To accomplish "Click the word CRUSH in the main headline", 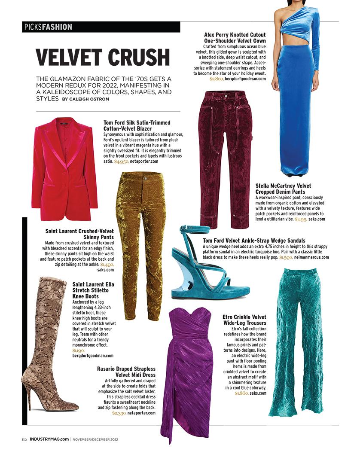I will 139,58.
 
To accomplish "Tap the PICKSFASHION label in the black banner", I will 47,27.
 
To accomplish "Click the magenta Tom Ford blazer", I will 64,168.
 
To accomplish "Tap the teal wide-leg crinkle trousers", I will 296,339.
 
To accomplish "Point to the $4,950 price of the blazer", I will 121,162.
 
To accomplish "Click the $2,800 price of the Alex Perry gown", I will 216,79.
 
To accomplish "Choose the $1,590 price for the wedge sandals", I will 286,257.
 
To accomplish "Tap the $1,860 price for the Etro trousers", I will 241,393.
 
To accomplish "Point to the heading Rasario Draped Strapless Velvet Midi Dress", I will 126,372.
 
